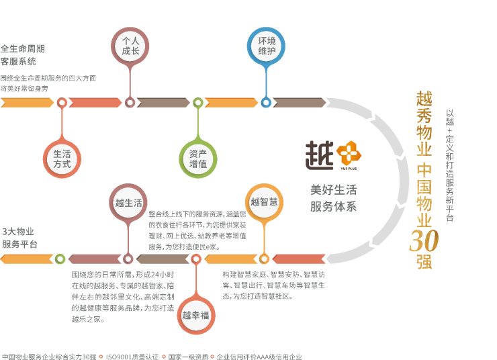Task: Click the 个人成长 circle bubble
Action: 130,46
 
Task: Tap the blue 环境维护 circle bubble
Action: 267,46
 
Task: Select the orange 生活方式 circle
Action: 62,159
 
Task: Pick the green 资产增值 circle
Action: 198,159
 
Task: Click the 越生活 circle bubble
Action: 128,202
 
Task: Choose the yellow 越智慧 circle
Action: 264,201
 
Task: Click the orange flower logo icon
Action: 349,153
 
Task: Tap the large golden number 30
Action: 424,240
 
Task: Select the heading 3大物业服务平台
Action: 20,237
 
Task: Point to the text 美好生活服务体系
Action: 333,197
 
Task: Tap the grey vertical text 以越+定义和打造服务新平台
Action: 449,165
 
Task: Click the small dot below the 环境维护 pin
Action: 266,103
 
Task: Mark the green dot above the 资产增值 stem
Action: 197,103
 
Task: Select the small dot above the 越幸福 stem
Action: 196,259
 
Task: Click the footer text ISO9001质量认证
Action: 132,356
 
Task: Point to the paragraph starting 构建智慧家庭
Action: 273,285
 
